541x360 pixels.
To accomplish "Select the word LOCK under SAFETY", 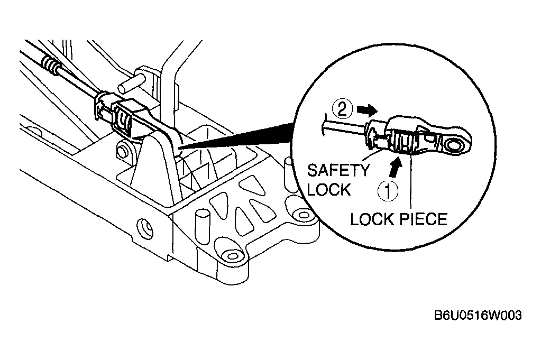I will pos(329,189).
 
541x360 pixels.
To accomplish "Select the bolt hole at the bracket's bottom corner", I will pos(231,256).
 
